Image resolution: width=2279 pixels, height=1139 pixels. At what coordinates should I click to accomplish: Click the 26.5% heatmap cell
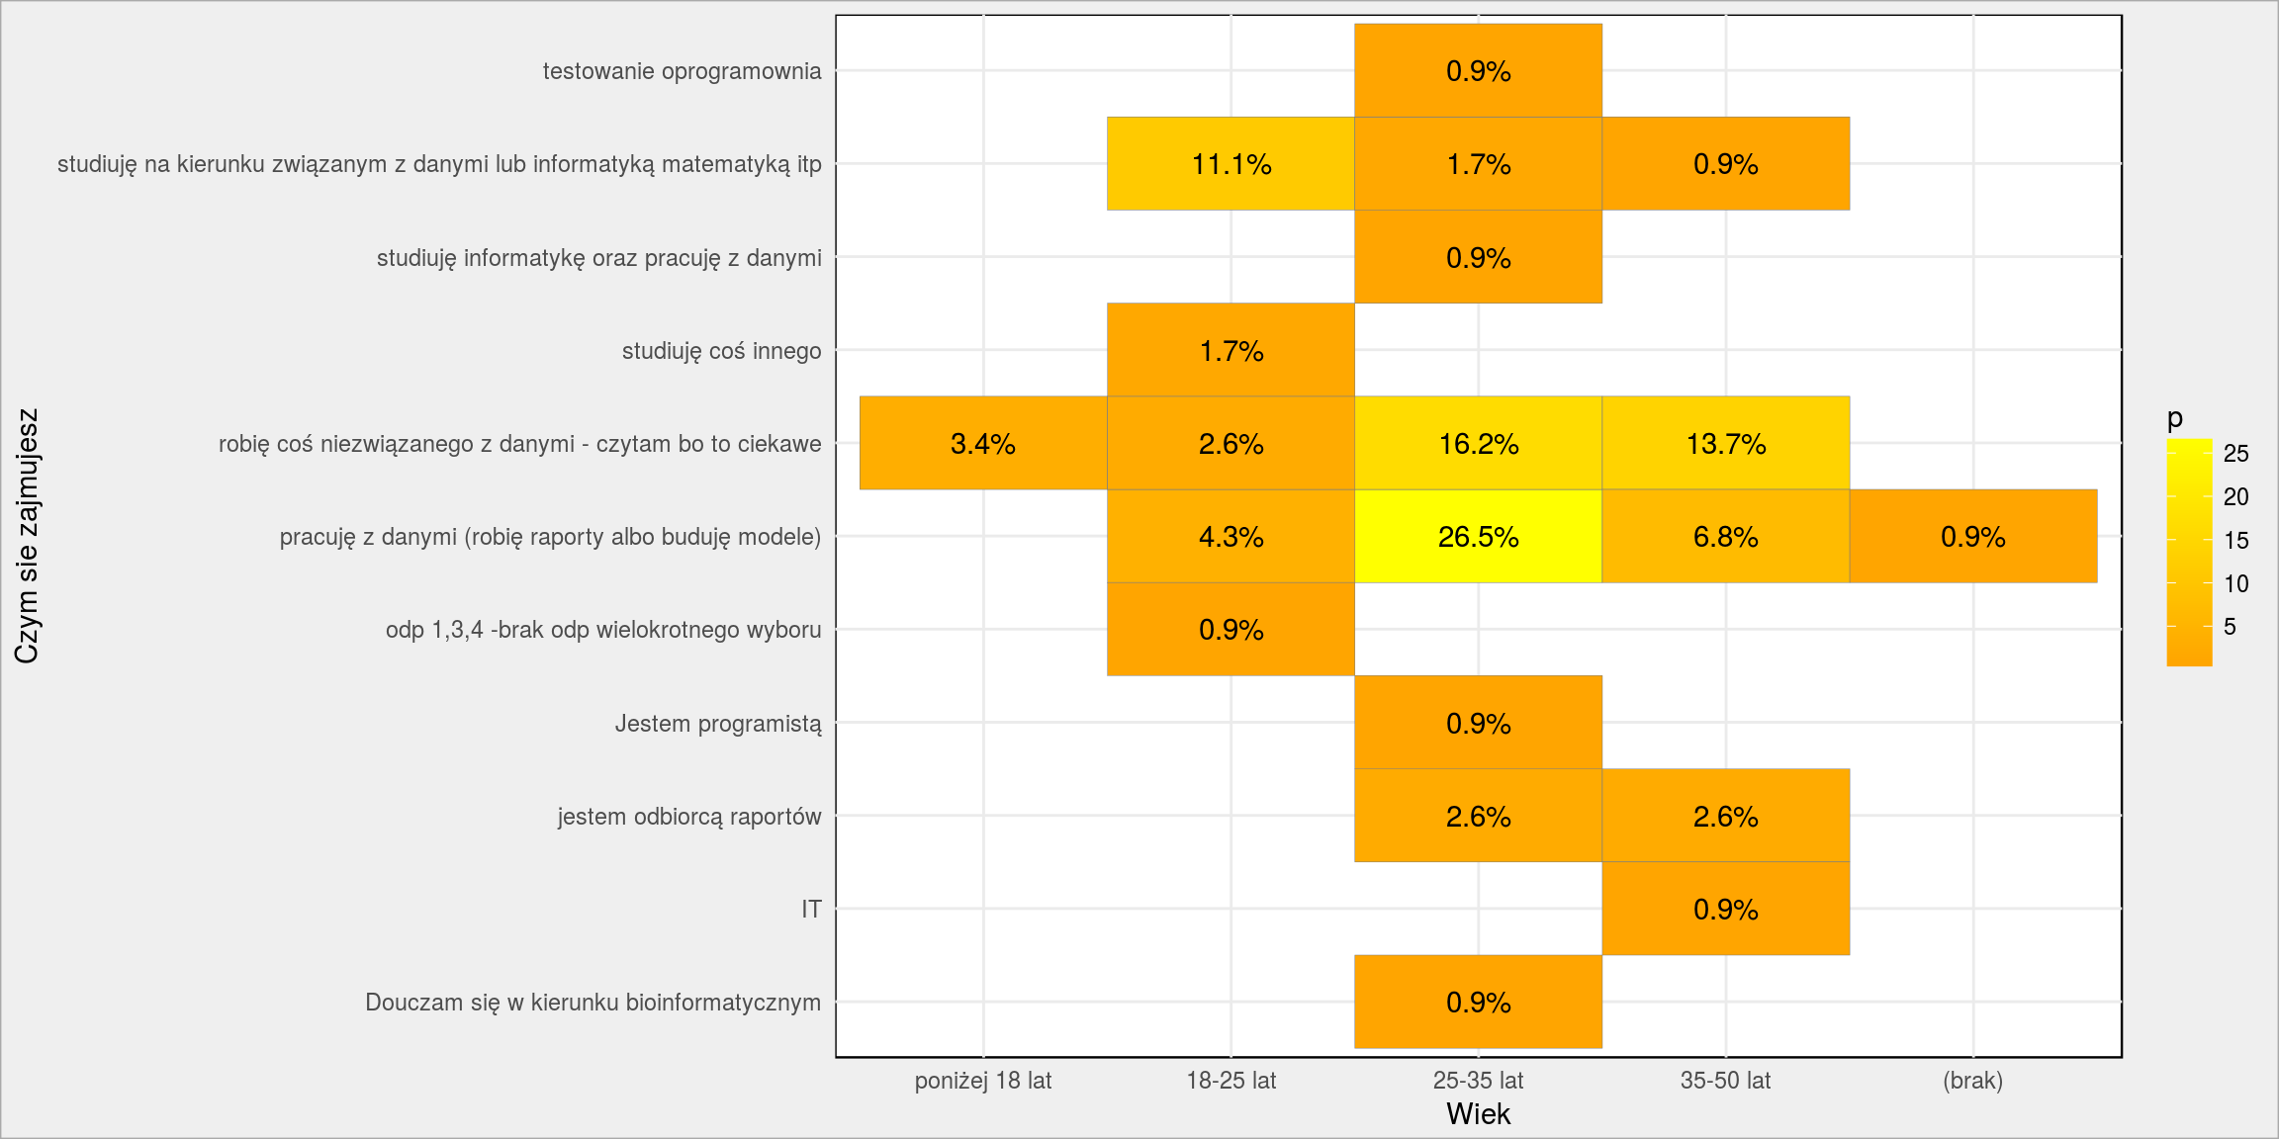pos(1478,536)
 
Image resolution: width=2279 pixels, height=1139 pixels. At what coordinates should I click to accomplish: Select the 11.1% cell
pos(1231,163)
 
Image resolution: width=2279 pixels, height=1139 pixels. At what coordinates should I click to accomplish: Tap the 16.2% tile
pos(1478,443)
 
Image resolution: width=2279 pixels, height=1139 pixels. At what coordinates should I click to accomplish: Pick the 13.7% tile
pos(1725,443)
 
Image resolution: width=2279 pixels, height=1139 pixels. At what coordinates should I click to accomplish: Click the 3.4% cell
pos(983,443)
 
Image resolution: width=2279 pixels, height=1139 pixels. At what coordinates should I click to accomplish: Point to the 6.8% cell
pos(1725,536)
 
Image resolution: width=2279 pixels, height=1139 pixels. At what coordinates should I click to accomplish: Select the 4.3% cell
pos(1231,536)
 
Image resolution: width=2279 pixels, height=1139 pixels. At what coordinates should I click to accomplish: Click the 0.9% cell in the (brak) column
pos(1972,536)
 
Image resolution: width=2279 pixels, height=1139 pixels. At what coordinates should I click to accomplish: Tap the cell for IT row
pos(1725,909)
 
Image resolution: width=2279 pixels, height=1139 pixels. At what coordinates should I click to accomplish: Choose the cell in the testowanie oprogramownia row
pos(1478,70)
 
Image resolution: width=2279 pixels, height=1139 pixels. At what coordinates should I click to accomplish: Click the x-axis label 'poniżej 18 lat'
pos(983,1081)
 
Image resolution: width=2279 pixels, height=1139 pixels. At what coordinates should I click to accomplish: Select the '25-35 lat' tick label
pos(1478,1081)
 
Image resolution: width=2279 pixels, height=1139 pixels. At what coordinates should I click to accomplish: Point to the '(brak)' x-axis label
pos(1972,1081)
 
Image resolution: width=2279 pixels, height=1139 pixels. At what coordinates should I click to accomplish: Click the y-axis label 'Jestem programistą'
pos(718,724)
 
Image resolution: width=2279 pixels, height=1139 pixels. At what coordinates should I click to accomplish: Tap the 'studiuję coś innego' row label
pos(721,351)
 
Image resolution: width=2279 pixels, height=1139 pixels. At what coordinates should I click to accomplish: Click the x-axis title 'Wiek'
pos(1478,1114)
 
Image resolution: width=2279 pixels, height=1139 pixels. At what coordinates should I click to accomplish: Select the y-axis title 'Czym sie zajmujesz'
pos(27,536)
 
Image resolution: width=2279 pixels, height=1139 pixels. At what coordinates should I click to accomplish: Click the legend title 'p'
pos(2174,419)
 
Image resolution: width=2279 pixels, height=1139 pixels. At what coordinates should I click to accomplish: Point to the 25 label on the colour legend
pos(2235,454)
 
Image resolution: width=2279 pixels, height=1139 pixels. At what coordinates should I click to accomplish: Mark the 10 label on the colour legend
pos(2235,583)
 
